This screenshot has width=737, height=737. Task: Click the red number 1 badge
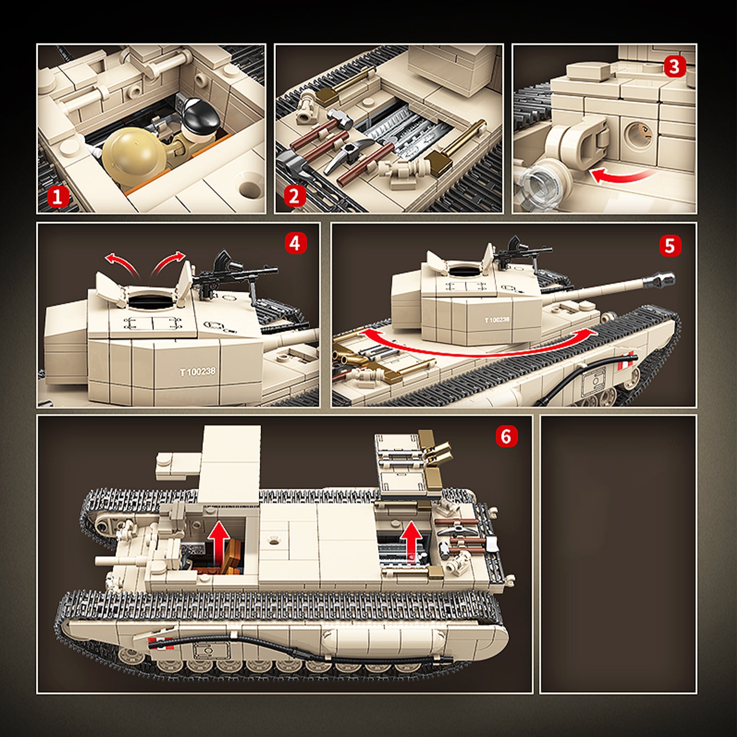(58, 197)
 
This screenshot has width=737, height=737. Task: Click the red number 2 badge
(295, 196)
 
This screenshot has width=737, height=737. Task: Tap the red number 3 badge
(674, 67)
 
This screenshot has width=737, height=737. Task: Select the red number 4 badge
(295, 243)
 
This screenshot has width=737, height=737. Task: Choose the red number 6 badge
(506, 435)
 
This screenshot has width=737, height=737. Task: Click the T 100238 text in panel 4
(198, 372)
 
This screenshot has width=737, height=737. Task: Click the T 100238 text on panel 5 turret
(497, 320)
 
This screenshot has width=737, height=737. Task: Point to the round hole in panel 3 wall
(638, 134)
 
